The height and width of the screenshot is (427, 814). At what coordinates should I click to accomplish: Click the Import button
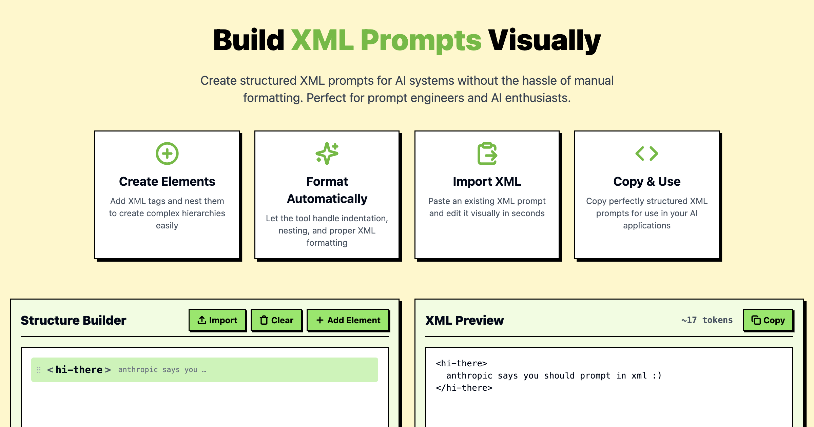[x=217, y=320]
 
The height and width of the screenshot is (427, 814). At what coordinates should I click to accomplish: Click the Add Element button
[x=348, y=320]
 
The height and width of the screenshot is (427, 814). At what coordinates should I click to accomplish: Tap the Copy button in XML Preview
[x=768, y=320]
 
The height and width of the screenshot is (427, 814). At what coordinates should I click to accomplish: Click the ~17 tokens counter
[x=707, y=320]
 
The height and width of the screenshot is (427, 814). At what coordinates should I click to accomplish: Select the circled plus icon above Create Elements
[x=167, y=154]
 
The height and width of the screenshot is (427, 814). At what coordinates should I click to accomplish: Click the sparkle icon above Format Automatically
[x=327, y=154]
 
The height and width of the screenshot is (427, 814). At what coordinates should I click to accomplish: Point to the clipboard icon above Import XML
[x=487, y=154]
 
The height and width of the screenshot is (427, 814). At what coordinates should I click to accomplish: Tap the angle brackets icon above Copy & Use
[x=647, y=154]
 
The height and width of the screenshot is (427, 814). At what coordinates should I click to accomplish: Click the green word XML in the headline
[x=322, y=41]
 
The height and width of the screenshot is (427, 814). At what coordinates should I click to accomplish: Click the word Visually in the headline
[x=544, y=41]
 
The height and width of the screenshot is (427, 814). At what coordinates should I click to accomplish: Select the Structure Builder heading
[x=73, y=320]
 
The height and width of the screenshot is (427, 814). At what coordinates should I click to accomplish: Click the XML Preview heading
[x=464, y=320]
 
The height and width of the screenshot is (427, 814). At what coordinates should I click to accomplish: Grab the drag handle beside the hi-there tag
[x=39, y=370]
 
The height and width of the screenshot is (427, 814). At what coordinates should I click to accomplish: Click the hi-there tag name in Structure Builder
[x=79, y=370]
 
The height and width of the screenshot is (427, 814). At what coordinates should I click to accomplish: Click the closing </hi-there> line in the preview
[x=464, y=388]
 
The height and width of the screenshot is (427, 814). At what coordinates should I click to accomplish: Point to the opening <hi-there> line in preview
[x=461, y=364]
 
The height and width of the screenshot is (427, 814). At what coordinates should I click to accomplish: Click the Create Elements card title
[x=167, y=182]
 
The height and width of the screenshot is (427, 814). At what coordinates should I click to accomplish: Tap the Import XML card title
[x=487, y=182]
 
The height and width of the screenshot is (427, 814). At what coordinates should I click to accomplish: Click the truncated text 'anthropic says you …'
[x=162, y=370]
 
